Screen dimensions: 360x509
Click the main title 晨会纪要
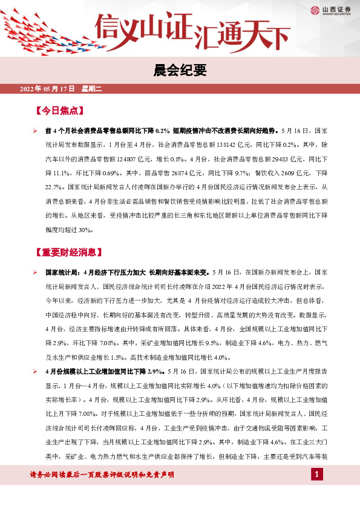(180, 71)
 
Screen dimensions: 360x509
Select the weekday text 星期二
(92, 89)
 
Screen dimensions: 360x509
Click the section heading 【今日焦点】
(59, 112)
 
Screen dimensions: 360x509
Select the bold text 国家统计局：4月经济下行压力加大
(97, 273)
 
